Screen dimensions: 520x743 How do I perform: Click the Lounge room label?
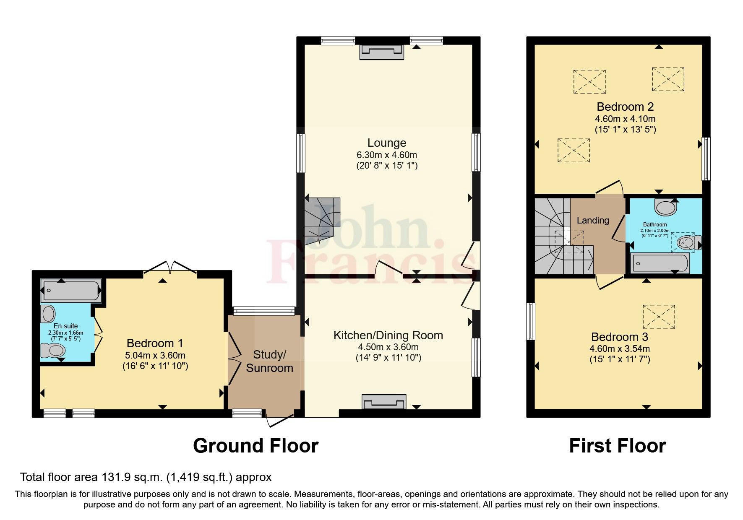coord(386,143)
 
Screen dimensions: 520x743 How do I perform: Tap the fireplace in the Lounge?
coord(382,52)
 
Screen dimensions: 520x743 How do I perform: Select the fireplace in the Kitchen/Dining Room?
coord(384,402)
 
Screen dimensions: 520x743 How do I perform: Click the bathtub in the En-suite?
coord(71,291)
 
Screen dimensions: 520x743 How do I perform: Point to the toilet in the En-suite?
coord(52,350)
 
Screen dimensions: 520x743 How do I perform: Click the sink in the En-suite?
coord(48,314)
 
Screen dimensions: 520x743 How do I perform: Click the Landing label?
coord(592,220)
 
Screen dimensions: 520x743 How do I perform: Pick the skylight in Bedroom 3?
coord(659,317)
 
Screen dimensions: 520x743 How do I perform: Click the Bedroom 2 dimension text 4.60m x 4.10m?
coord(625,119)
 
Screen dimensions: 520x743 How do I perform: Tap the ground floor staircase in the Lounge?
coord(321,220)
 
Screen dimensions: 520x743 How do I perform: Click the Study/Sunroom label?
coord(269,361)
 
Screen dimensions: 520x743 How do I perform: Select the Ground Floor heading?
coord(255,445)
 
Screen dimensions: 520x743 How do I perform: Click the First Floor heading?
coord(617,445)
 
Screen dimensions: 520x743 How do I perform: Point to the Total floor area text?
coord(146,477)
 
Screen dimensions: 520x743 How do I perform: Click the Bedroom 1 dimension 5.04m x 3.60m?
coord(155,355)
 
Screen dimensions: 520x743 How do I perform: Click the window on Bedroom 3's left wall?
coord(531,321)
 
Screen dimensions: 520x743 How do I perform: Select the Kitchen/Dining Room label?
coord(388,335)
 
